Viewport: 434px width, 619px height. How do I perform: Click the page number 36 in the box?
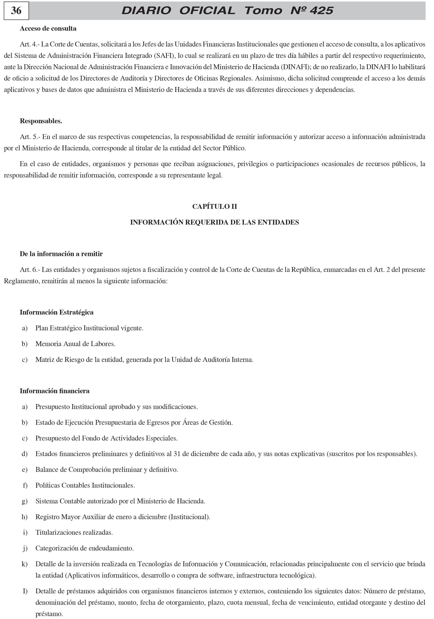point(16,11)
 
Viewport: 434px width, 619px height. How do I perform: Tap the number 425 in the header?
point(321,11)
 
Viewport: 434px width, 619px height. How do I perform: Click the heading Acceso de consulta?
point(48,29)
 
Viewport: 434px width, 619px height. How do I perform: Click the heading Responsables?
point(41,121)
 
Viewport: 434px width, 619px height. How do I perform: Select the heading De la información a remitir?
point(61,254)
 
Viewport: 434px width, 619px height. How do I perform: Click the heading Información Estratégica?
point(57,312)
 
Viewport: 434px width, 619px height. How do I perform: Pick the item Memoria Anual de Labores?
point(75,344)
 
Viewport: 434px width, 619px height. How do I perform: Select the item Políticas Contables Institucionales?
point(85,485)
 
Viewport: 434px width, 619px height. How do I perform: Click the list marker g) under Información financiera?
point(25,501)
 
